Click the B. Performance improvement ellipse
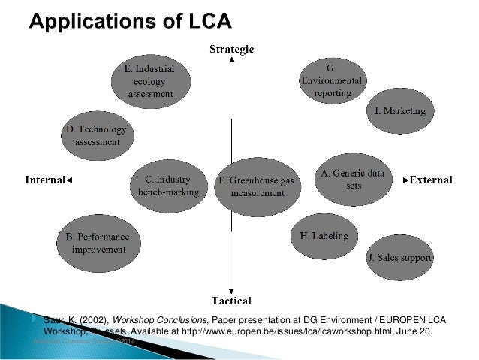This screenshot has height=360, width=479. tap(98, 242)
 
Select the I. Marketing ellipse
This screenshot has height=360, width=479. tap(400, 111)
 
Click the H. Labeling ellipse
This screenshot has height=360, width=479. tap(324, 236)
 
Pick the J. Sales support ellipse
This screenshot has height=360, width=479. tap(400, 258)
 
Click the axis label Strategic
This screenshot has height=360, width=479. tap(231, 49)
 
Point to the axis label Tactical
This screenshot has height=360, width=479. tap(231, 300)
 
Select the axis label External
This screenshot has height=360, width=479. tap(429, 180)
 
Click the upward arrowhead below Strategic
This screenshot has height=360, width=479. tap(232, 61)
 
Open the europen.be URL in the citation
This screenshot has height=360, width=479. tap(300, 330)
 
